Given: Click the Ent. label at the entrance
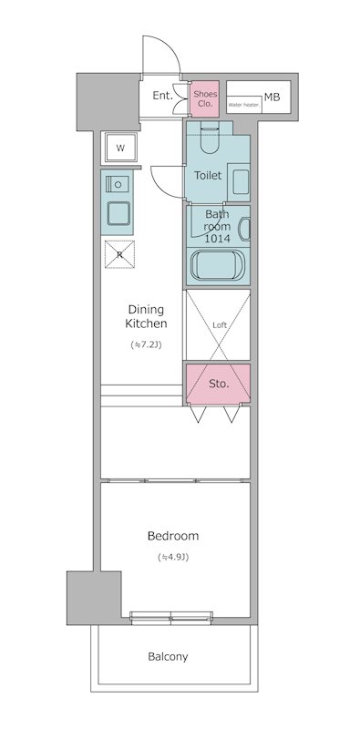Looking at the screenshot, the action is click(163, 96).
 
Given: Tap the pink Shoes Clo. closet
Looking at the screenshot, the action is click(205, 99).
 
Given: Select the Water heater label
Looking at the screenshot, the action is click(244, 105).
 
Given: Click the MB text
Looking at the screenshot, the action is click(273, 98).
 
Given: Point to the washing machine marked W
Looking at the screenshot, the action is click(120, 149).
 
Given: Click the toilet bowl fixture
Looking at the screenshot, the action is click(210, 139).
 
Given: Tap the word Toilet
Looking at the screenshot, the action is click(208, 175).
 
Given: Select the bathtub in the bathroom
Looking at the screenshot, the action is click(217, 265).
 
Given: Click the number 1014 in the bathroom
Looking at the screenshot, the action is click(217, 239).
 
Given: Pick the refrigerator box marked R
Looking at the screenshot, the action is click(119, 254).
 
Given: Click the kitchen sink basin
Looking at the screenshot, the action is click(118, 213).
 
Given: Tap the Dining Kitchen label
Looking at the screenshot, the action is click(146, 316).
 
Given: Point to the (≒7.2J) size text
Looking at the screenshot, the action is click(146, 345).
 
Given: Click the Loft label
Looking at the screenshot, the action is click(220, 325).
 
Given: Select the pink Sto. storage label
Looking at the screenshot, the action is click(219, 384).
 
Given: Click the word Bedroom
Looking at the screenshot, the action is click(173, 536).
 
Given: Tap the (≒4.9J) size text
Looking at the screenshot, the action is click(173, 557).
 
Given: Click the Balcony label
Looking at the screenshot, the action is click(168, 657).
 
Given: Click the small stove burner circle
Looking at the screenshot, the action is click(118, 185).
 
